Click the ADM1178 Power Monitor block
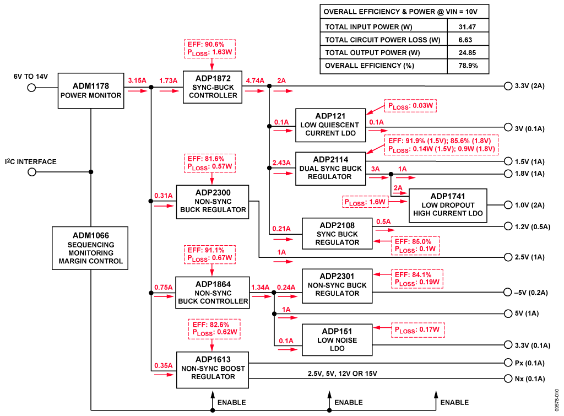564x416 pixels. [x=91, y=90]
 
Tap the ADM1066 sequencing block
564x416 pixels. [x=91, y=248]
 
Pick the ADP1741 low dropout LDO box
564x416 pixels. [x=448, y=205]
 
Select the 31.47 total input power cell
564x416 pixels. [x=468, y=26]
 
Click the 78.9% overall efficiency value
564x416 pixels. [x=468, y=66]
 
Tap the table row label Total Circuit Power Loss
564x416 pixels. [x=383, y=40]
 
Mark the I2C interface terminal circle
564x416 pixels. [x=32, y=172]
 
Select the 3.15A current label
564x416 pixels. [x=137, y=80]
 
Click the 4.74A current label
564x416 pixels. [x=254, y=80]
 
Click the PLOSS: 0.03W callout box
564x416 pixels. [x=410, y=106]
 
